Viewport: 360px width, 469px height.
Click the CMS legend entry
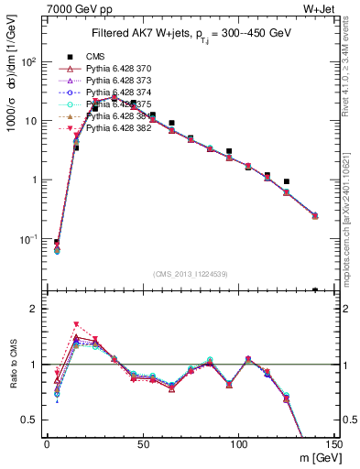coord(95,57)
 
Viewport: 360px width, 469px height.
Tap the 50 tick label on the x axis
coord(142,442)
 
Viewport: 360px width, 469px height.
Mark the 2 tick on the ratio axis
coord(38,309)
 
